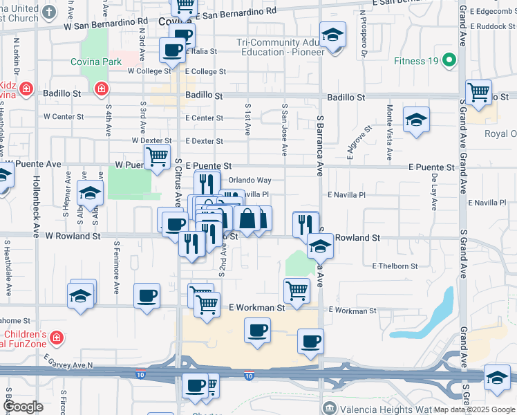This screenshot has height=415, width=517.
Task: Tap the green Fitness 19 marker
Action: tap(450, 61)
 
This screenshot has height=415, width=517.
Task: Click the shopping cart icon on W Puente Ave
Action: tap(157, 157)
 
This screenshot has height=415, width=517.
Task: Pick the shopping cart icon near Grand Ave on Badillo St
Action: tap(478, 91)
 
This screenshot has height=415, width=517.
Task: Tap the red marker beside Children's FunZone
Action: tap(57, 338)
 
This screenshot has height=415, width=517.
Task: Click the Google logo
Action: tap(23, 407)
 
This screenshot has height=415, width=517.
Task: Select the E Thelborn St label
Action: tap(395, 266)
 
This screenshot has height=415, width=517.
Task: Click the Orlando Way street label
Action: tap(250, 180)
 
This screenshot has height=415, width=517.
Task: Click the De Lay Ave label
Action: tap(435, 187)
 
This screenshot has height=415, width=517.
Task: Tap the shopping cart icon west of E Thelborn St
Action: tap(297, 290)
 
